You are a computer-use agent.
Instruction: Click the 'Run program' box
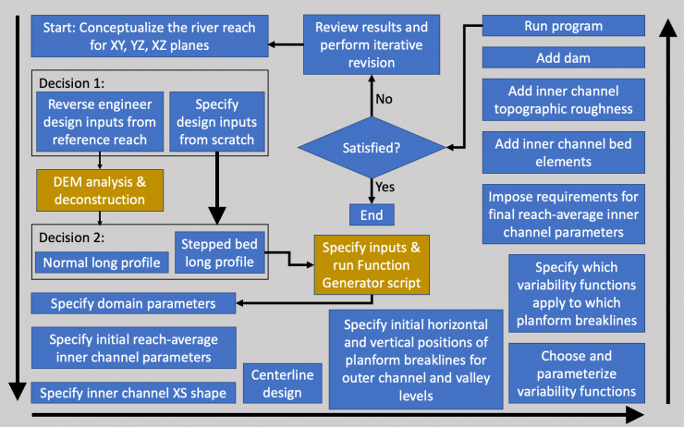coord(563,27)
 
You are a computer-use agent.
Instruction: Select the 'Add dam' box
coord(563,58)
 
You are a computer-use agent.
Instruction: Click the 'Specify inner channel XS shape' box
coord(131,392)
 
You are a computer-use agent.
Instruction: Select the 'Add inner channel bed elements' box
coord(563,152)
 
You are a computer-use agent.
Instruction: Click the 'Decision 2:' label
coord(70,232)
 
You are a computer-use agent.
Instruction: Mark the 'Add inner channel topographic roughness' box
coord(563,102)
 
